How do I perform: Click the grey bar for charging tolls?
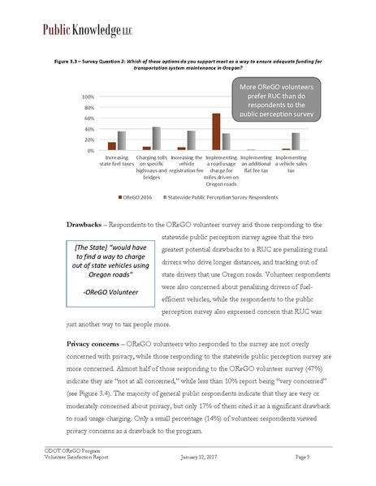[156, 139]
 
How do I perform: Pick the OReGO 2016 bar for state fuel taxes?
[112, 146]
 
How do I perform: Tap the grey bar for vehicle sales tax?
[296, 142]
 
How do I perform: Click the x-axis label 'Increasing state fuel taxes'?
[117, 161]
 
